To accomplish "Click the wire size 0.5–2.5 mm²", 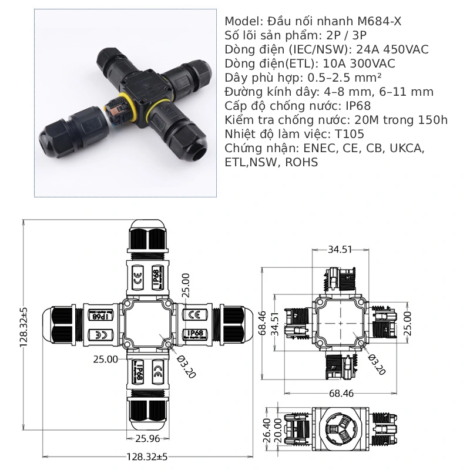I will click(x=340, y=78).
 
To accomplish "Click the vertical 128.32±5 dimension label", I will click(x=24, y=327).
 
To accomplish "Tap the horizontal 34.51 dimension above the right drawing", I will click(x=340, y=249).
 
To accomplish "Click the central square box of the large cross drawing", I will click(x=148, y=324).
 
